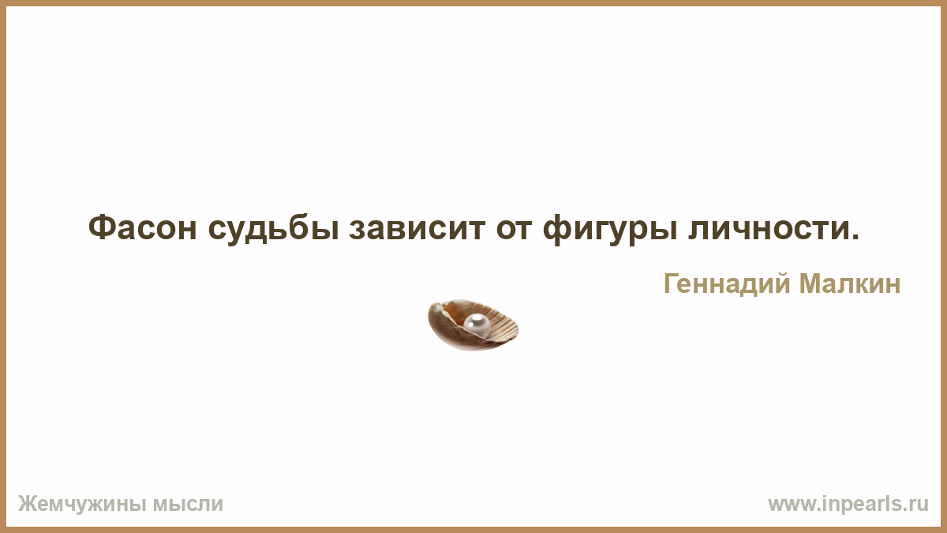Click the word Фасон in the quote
[143, 228]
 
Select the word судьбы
[274, 229]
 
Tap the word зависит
[417, 229]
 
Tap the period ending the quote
[854, 238]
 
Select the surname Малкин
[850, 283]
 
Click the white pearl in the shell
[477, 325]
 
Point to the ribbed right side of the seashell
[503, 325]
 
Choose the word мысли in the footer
[188, 505]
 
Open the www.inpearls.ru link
[848, 505]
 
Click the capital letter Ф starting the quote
[102, 228]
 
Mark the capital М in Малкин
[810, 283]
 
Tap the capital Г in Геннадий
[672, 283]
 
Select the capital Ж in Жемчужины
[28, 504]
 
